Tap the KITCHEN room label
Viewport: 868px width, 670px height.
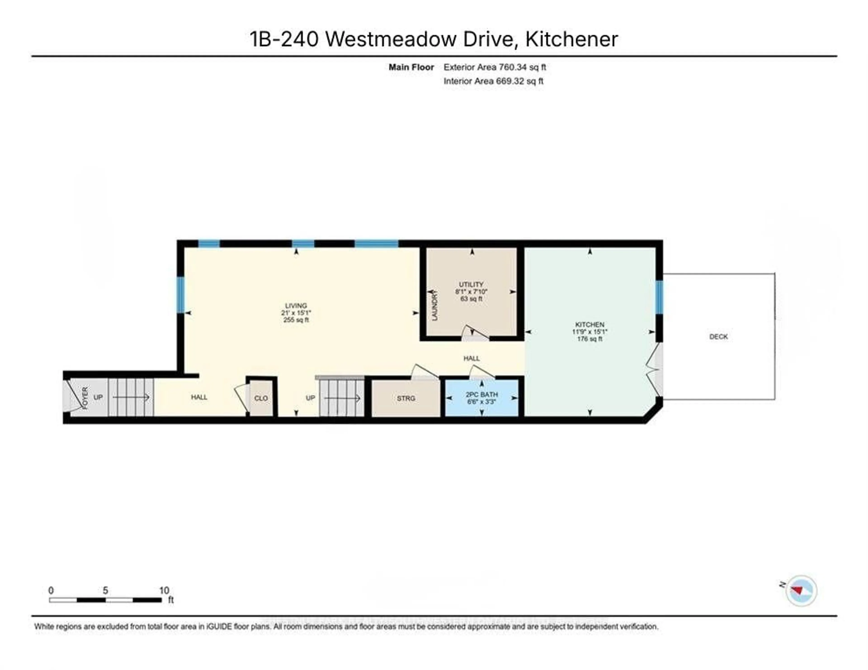tap(590, 324)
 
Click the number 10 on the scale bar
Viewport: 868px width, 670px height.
tap(164, 590)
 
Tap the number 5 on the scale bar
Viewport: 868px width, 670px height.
tap(105, 590)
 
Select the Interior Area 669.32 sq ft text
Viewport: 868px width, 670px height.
tap(493, 81)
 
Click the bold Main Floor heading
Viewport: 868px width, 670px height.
tap(411, 67)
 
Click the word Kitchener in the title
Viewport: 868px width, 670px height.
tap(571, 39)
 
